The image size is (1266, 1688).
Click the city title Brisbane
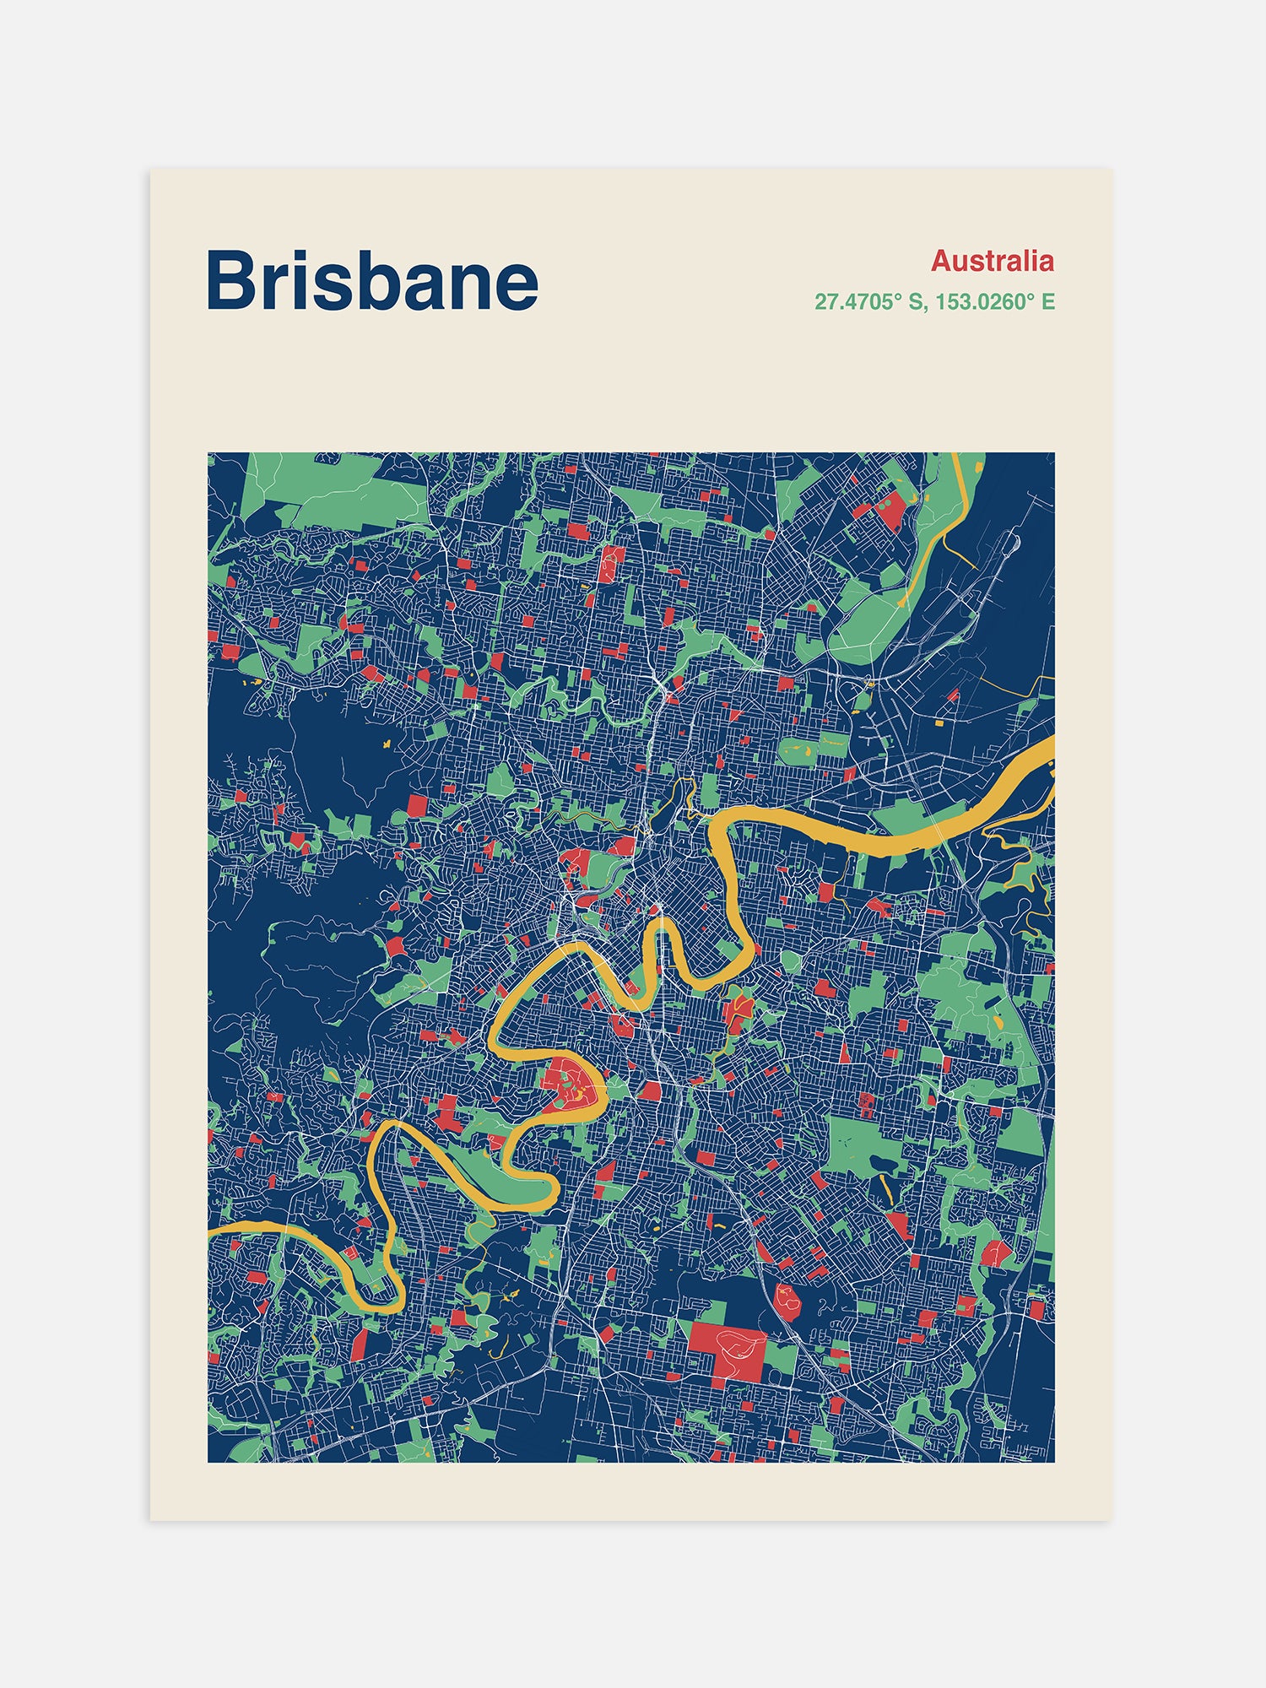(371, 280)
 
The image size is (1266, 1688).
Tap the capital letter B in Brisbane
(231, 280)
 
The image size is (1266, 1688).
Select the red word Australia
(992, 261)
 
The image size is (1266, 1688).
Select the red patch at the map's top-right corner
(890, 511)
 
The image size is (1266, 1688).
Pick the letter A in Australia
(941, 261)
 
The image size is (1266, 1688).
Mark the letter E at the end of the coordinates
(1048, 301)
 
